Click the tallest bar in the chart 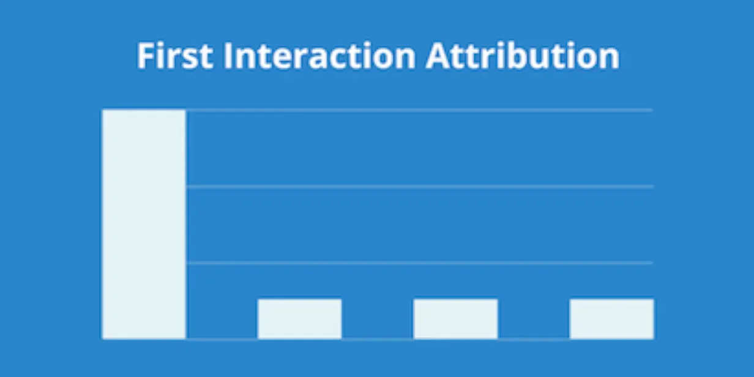(x=144, y=224)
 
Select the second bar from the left (x=299, y=319)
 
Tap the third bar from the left (x=455, y=319)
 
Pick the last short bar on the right (x=611, y=319)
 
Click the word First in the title (x=175, y=56)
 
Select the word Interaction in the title (x=319, y=56)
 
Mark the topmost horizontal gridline (x=419, y=110)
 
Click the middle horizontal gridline (x=419, y=186)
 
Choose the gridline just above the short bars (x=419, y=263)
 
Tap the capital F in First (x=145, y=56)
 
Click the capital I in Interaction (x=228, y=56)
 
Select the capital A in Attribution (x=438, y=56)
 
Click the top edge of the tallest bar (x=144, y=110)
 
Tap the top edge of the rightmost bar (x=611, y=299)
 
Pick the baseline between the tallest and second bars (x=222, y=338)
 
